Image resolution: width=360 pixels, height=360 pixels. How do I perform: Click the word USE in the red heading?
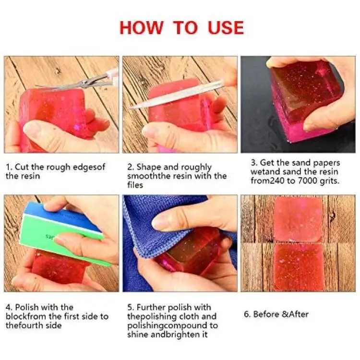pos(226,28)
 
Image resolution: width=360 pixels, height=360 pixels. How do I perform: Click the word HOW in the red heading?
pos(141,28)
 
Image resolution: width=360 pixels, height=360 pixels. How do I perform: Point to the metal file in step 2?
pos(177,94)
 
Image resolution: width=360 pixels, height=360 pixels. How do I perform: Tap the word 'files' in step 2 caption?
pos(135,185)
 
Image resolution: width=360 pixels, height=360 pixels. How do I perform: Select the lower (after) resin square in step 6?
pos(299,267)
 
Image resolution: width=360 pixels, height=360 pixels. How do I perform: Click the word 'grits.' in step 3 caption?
pos(329,181)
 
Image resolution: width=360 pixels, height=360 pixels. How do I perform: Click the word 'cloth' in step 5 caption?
pos(184,316)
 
